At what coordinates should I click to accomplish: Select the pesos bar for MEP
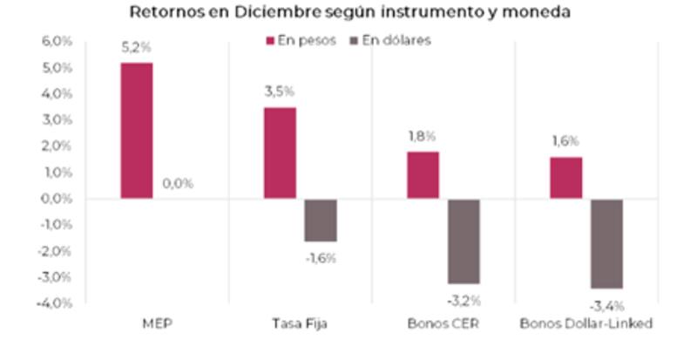[x=137, y=131]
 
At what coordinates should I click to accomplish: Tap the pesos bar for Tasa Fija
[x=280, y=153]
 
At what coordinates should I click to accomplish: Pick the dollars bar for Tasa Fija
[x=321, y=220]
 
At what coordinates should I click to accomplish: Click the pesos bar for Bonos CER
[x=423, y=175]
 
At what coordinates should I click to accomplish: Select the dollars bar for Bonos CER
[x=464, y=241]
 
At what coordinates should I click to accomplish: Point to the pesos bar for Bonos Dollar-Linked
[x=565, y=178]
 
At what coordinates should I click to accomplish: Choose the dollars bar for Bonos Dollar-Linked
[x=606, y=243]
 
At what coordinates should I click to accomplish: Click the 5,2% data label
[x=137, y=49]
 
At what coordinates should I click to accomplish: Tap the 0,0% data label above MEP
[x=178, y=184]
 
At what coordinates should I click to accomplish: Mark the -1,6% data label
[x=321, y=257]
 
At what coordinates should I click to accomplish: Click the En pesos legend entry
[x=298, y=41]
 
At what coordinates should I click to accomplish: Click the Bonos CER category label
[x=443, y=325]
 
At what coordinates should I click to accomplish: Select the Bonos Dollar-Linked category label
[x=585, y=325]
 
